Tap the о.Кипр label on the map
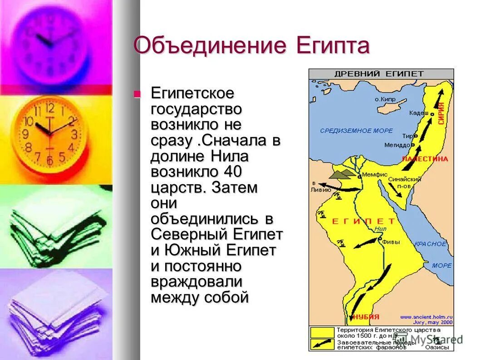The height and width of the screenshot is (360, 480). click(385, 99)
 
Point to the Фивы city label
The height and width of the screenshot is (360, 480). click(391, 242)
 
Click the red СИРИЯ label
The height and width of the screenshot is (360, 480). click(441, 113)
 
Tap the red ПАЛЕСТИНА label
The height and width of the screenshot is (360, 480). click(425, 159)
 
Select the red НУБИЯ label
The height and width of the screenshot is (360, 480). click(366, 316)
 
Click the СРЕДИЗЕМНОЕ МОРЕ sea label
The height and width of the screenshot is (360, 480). click(356, 131)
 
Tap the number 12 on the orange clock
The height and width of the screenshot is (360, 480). click(50, 108)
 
